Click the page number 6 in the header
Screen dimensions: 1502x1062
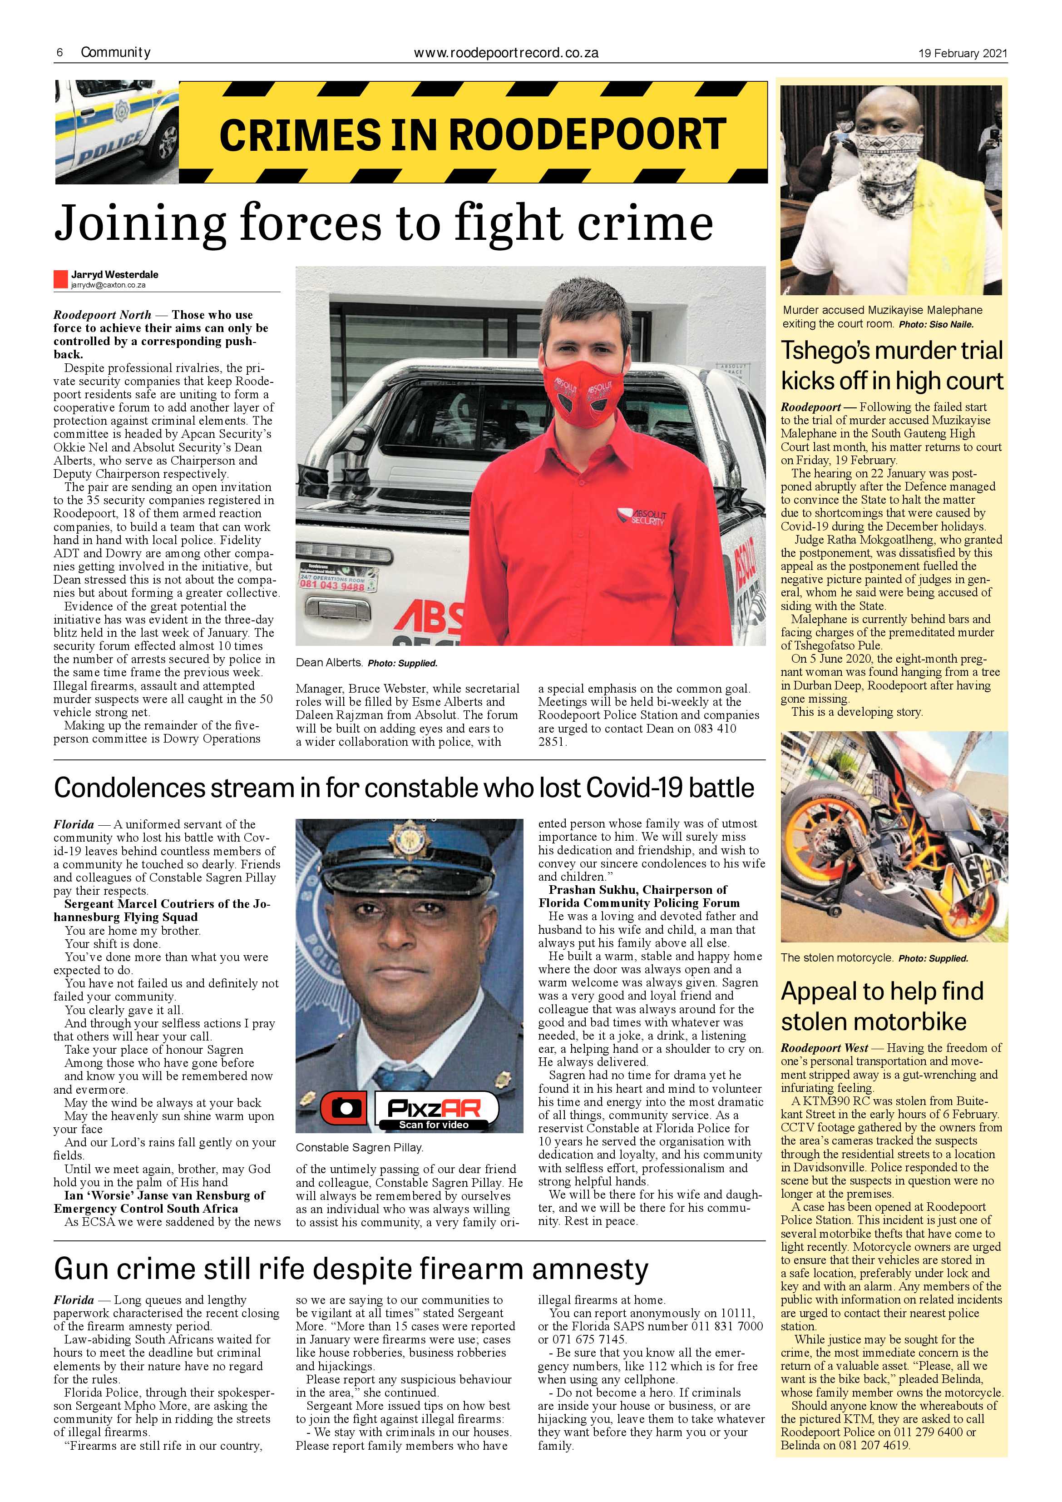[59, 53]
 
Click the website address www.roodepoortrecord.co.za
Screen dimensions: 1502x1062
[506, 53]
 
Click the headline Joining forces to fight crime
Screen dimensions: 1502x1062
[383, 223]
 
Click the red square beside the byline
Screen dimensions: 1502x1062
[61, 279]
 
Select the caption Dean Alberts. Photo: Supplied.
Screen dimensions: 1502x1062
[366, 663]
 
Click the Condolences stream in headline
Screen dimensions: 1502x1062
[404, 788]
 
